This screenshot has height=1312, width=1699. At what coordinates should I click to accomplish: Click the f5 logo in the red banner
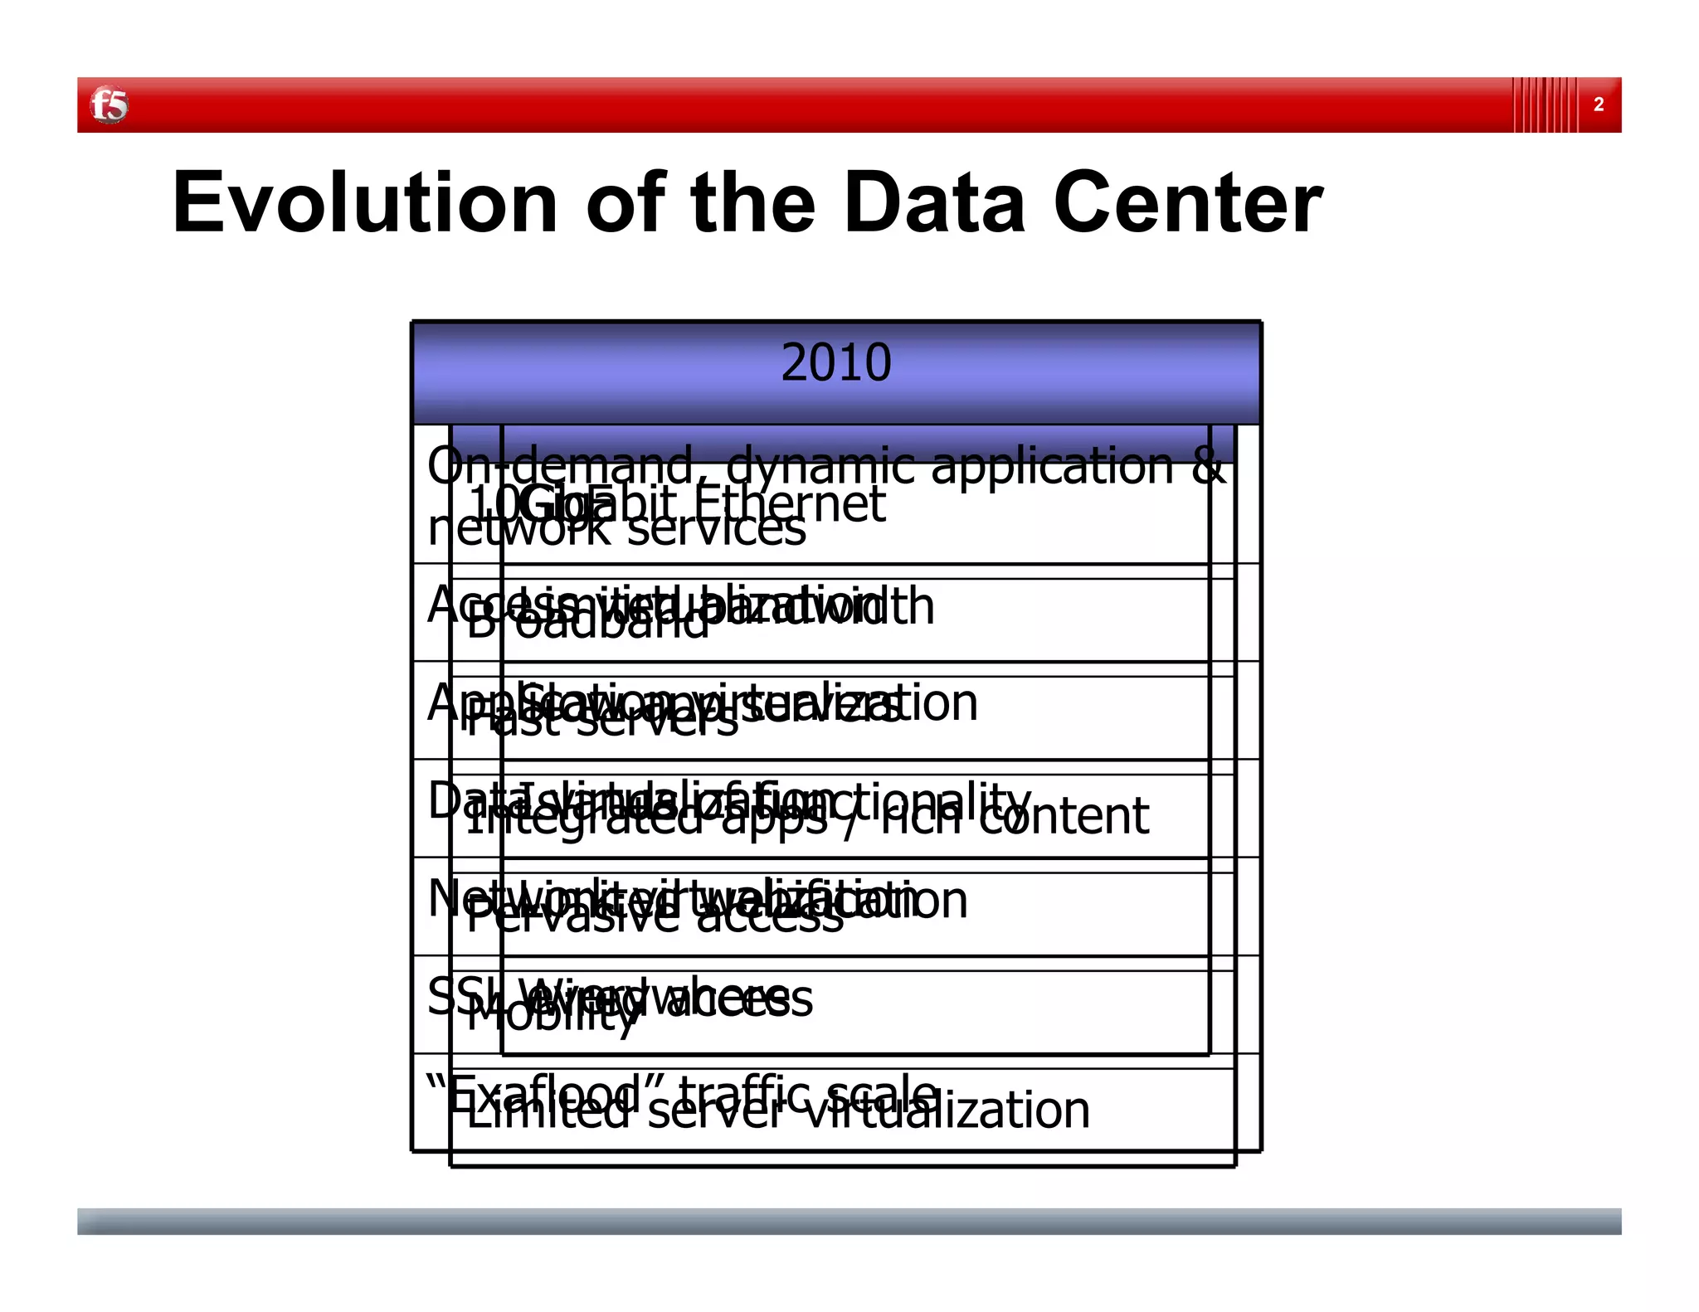(109, 105)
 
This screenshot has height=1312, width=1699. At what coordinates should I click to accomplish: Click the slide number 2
(1598, 105)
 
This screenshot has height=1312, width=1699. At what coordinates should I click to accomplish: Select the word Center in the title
(1188, 203)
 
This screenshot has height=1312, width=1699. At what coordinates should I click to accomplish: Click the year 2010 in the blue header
(835, 362)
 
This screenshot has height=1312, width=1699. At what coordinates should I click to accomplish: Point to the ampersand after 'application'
(1208, 466)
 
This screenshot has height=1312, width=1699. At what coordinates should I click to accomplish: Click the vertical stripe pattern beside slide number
(1544, 105)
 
